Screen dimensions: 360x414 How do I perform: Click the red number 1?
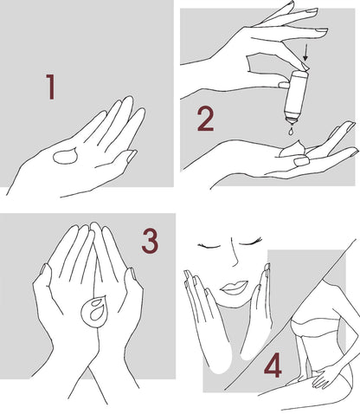click(x=51, y=87)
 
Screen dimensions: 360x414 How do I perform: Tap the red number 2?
click(x=206, y=119)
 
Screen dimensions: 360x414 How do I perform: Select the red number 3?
click(x=151, y=241)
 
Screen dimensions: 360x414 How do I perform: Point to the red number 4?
click(x=273, y=365)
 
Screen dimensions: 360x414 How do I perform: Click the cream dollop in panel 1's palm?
click(x=66, y=156)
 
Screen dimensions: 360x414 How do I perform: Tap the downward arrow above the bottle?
click(x=305, y=53)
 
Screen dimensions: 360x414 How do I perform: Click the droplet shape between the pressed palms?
click(x=94, y=311)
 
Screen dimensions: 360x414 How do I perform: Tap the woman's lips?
click(x=234, y=288)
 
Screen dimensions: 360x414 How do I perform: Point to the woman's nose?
click(x=235, y=254)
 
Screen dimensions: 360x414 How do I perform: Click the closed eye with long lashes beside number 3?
click(x=249, y=242)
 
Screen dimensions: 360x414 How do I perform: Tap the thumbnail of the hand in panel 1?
click(x=132, y=156)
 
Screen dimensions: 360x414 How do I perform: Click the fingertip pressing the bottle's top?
click(x=304, y=68)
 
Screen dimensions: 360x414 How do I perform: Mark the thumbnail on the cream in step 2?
click(x=301, y=161)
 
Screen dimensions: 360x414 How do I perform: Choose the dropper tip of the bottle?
click(x=292, y=120)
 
